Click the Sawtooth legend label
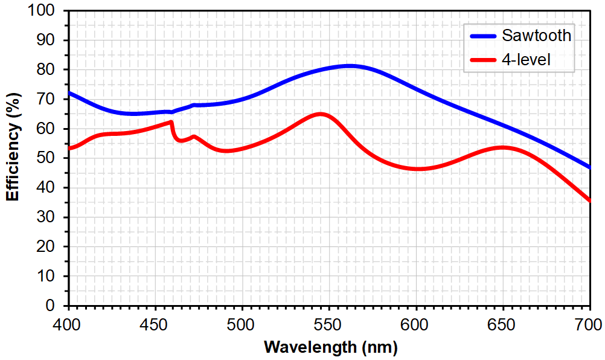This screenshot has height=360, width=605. tap(536, 35)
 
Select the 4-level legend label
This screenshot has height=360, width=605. tap(526, 59)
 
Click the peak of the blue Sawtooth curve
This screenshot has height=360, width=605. tap(348, 66)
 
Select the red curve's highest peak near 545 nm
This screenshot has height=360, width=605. tap(320, 114)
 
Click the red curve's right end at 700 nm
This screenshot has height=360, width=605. tap(589, 201)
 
